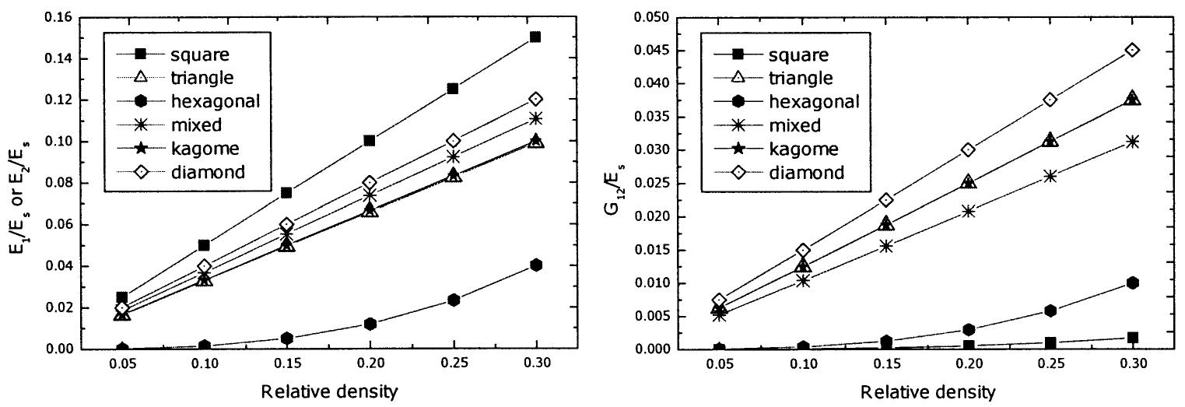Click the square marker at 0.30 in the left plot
[535, 37]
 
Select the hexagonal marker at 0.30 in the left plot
[535, 265]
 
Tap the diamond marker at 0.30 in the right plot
[1132, 50]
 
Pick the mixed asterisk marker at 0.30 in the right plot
[1132, 141]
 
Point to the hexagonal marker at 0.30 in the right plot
[1132, 282]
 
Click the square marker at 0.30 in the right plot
[1132, 337]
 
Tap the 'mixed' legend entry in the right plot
[792, 125]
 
